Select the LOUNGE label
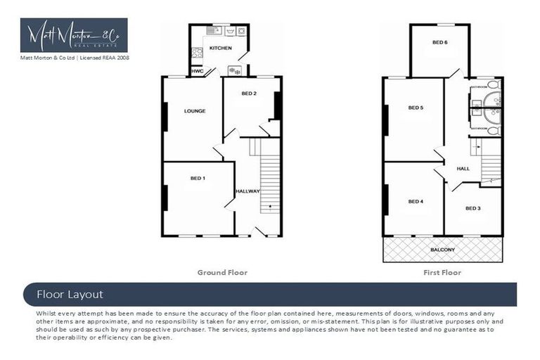(x=194, y=111)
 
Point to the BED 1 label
(x=198, y=179)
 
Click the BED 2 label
(x=249, y=94)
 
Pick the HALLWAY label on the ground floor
(x=247, y=191)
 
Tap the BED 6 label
(x=440, y=42)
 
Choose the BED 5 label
(x=416, y=108)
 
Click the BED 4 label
(x=416, y=202)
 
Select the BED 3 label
(x=473, y=208)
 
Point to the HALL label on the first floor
(x=463, y=169)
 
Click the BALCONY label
(x=442, y=250)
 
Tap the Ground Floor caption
(x=223, y=272)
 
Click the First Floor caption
(x=442, y=272)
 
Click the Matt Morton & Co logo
(x=74, y=35)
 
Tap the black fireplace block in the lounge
(x=165, y=117)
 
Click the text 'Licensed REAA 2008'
(x=105, y=58)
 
